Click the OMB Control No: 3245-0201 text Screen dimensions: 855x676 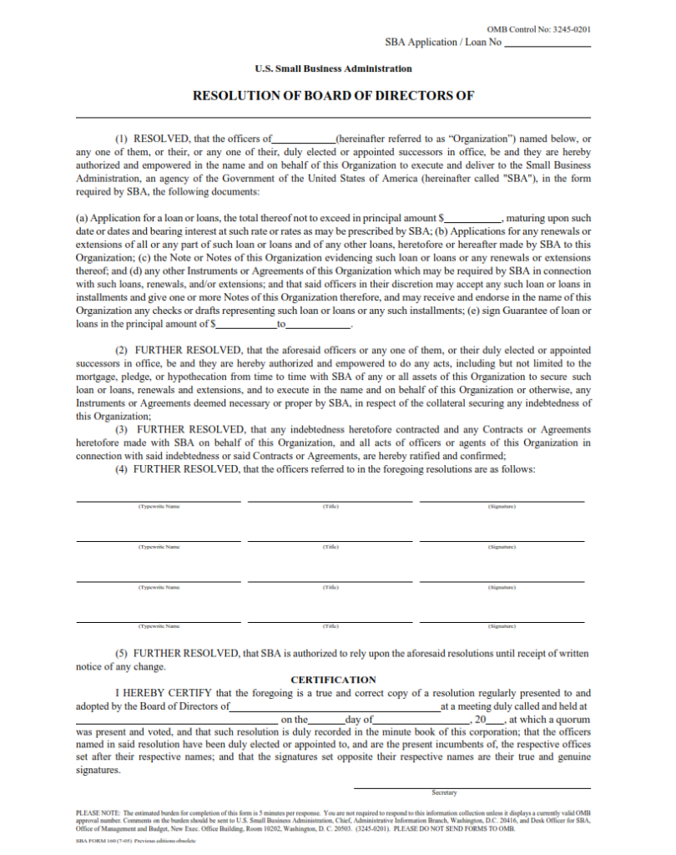pos(539,29)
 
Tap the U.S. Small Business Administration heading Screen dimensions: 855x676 pos(333,68)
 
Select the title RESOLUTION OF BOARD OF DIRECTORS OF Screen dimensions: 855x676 pos(333,95)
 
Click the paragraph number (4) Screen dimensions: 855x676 pos(121,469)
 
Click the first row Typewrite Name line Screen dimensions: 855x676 pos(159,499)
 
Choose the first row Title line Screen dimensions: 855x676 pos(330,499)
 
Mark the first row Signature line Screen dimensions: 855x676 pos(502,499)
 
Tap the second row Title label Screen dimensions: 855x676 pos(330,547)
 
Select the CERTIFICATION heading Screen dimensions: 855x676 pos(333,680)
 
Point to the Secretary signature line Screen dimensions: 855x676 pos(472,786)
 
